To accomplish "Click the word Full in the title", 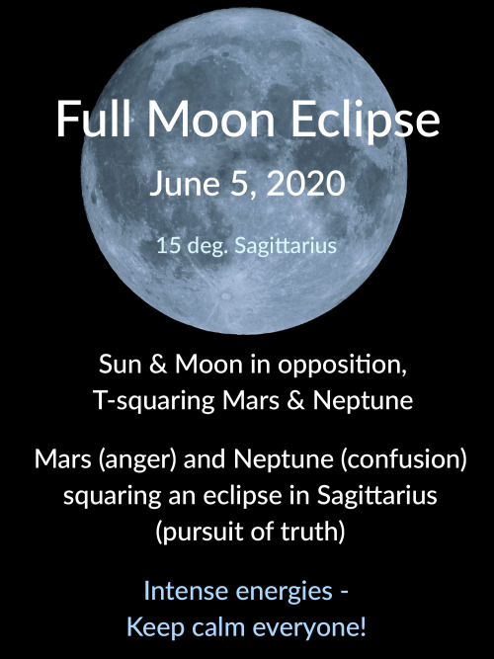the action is (x=94, y=119).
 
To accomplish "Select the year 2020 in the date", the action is (x=306, y=183).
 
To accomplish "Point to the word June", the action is (x=184, y=185).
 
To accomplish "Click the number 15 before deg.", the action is (x=169, y=245).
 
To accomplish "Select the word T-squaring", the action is (x=154, y=401).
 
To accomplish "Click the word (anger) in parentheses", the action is (x=136, y=459).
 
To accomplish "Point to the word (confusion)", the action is (x=404, y=459).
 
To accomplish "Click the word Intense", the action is (x=187, y=591).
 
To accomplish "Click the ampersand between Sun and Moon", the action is (x=158, y=364).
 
